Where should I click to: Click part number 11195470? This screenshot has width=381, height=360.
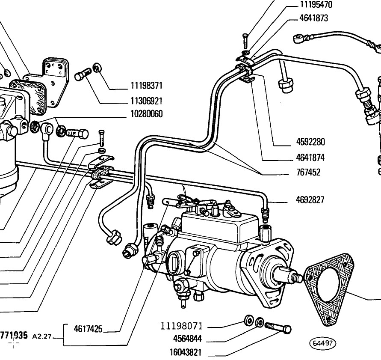tap(316, 5)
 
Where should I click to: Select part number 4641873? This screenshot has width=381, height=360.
tap(313, 18)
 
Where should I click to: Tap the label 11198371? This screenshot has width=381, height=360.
tap(146, 86)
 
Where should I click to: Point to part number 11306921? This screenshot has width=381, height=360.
tap(146, 101)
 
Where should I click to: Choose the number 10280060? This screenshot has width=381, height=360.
tap(147, 114)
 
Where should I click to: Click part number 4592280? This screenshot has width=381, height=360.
tap(310, 142)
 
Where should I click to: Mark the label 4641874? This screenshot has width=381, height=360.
tap(310, 158)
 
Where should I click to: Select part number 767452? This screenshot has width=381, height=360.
tap(308, 173)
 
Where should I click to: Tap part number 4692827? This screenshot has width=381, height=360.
tap(310, 200)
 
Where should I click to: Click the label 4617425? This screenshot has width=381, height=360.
tap(88, 329)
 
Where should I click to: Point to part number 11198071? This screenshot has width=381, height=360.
tap(181, 326)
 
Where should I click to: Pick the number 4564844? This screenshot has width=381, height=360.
tap(187, 339)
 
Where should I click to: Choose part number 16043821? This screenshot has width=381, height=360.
tap(186, 352)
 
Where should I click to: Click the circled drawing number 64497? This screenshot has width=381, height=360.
tap(322, 343)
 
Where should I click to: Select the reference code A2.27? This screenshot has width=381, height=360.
tap(42, 336)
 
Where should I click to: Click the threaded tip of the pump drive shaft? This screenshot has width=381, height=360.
tap(296, 278)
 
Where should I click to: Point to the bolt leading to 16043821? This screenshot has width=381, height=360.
tap(278, 327)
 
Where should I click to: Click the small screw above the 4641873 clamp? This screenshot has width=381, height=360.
tap(245, 41)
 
